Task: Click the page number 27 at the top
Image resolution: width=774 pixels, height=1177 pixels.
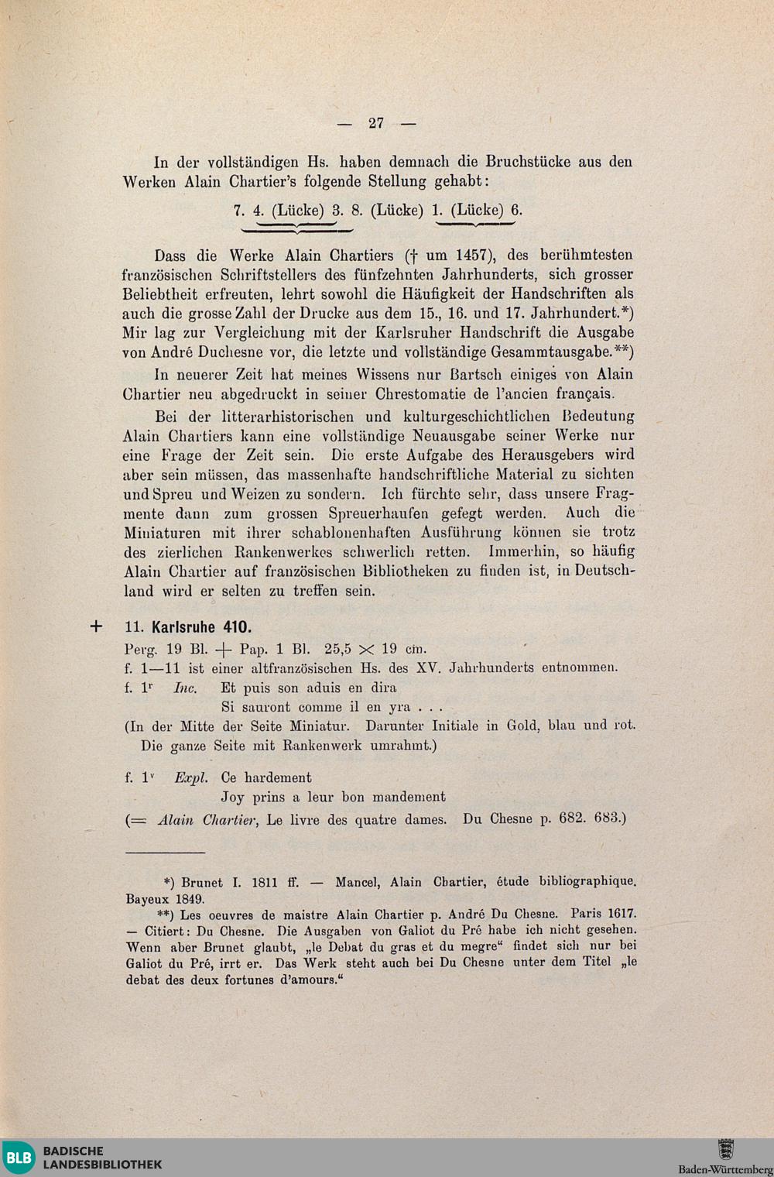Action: [376, 123]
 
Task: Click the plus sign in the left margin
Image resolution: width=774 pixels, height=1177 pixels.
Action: [96, 626]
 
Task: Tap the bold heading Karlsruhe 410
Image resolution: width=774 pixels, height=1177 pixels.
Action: [202, 627]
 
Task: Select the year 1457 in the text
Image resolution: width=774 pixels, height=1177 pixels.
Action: [472, 256]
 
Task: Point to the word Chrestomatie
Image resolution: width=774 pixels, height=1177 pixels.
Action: [419, 394]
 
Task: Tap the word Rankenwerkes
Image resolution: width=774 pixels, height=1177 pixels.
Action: [283, 553]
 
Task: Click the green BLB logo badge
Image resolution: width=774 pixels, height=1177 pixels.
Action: [19, 1158]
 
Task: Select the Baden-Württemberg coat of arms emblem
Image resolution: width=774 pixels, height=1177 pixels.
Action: [725, 1148]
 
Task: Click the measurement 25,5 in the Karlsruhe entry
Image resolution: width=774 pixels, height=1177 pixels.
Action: [337, 649]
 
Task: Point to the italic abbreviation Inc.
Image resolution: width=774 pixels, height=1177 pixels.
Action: [185, 688]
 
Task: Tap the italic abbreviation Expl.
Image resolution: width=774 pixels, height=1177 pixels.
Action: [191, 777]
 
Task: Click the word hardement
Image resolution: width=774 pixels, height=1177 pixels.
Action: [278, 777]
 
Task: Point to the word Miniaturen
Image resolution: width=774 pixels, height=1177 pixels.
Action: [163, 533]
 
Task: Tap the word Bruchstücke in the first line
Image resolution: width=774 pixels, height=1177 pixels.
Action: [529, 162]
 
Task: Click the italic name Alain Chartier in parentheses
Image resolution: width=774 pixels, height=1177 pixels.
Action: [207, 819]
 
